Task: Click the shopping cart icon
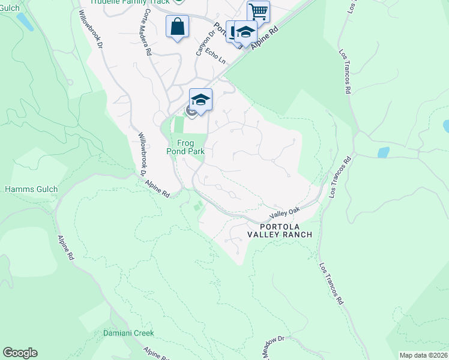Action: [x=258, y=11]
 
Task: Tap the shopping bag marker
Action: [x=178, y=27]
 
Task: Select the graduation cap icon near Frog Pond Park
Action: [x=201, y=100]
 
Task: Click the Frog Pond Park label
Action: [x=186, y=147]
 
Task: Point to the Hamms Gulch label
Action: [x=31, y=190]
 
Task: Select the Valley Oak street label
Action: [x=285, y=213]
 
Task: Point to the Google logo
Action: [x=20, y=353]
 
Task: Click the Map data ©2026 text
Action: [x=423, y=355]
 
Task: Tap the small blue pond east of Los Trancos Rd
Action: [x=383, y=152]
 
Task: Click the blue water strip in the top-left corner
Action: [x=25, y=22]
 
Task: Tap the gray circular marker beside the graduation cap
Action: [x=191, y=110]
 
